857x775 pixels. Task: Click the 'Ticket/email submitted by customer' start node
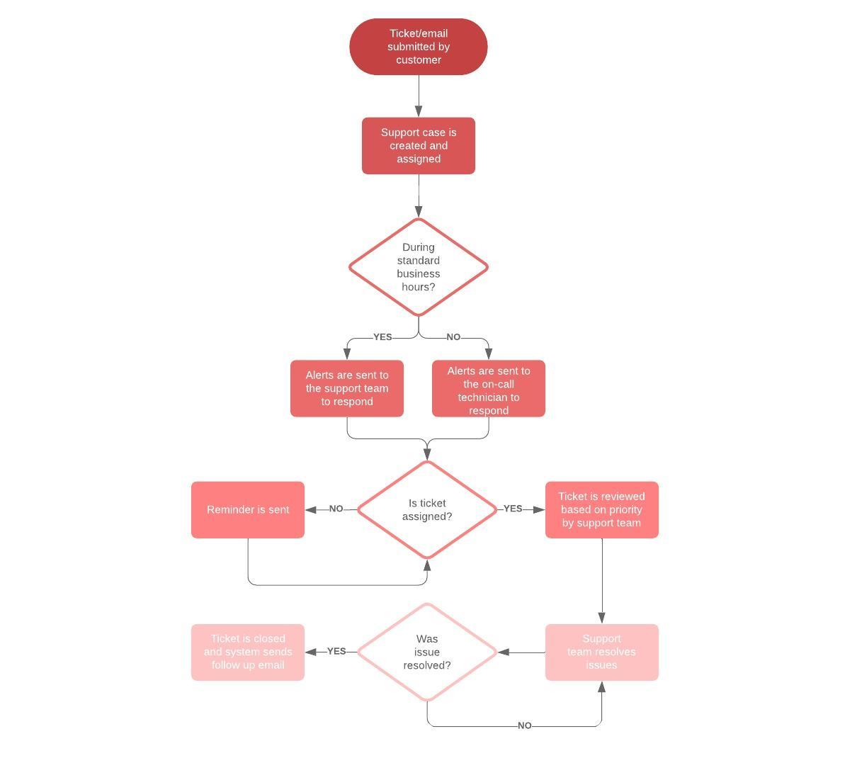pos(418,47)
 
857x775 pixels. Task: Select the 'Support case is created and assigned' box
pos(418,146)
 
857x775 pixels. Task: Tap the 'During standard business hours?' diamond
pos(418,267)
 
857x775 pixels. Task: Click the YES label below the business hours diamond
pos(382,337)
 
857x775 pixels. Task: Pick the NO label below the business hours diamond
pos(453,337)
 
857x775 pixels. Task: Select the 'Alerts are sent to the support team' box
pos(346,388)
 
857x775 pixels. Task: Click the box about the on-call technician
pos(488,389)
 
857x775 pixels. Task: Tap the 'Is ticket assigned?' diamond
pos(427,510)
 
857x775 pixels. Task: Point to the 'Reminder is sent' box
pos(248,510)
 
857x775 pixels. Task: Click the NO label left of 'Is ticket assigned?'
pos(336,509)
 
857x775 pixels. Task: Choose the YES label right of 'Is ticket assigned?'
pos(513,509)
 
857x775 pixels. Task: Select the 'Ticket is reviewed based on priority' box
pos(601,510)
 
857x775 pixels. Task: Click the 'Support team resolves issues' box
pos(601,652)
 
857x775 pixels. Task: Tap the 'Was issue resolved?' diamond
pos(427,652)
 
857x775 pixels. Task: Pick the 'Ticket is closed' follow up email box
pos(248,652)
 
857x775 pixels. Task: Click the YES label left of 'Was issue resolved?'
pos(336,651)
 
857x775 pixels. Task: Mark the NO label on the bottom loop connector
pos(524,725)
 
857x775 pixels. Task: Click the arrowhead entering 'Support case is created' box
pos(419,111)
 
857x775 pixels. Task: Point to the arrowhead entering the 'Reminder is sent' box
pos(311,509)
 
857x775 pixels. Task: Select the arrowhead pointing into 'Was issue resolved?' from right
pos(504,652)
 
